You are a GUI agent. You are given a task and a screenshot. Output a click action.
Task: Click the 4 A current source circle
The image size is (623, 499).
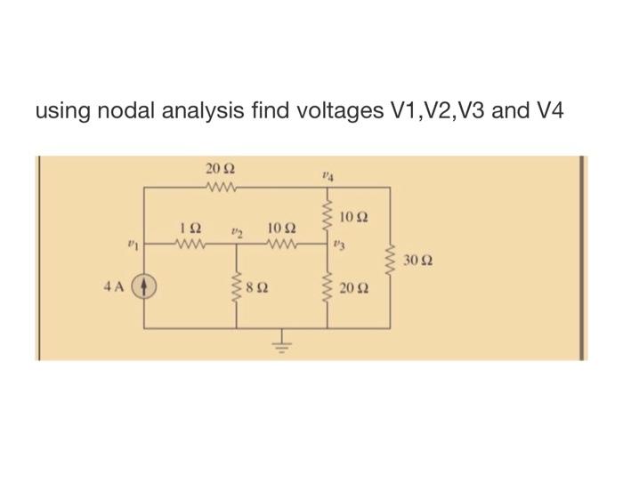click(146, 288)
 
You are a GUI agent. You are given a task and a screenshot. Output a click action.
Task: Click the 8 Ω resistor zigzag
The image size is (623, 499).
click(236, 287)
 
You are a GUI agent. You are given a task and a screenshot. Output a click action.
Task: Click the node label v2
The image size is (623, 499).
click(237, 233)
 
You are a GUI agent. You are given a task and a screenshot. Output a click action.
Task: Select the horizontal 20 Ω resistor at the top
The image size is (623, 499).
click(217, 187)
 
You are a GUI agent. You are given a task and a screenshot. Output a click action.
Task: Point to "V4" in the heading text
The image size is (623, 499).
click(546, 112)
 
